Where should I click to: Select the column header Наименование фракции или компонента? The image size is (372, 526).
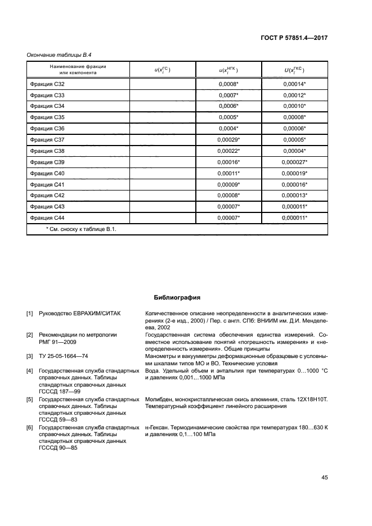tap(78, 70)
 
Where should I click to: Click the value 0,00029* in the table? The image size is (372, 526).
tap(228, 139)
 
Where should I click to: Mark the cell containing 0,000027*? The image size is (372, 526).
tap(294, 162)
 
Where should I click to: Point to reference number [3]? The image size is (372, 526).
tap(30, 356)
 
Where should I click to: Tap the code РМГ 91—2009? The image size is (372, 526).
tap(59, 341)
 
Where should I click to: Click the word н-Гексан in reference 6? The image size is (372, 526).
tap(158, 428)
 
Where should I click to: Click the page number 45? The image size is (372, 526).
tap(324, 478)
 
